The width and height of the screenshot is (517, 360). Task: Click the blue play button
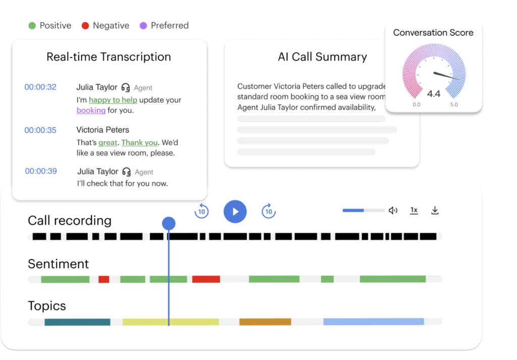(x=235, y=212)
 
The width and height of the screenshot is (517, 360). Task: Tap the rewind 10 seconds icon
(x=201, y=211)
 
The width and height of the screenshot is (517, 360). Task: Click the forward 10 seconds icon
(x=269, y=211)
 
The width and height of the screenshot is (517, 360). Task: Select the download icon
(x=435, y=211)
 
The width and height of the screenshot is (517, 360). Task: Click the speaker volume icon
(x=393, y=211)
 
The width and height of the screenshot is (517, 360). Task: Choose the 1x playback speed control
(x=414, y=211)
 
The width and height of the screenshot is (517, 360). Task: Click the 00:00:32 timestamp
(x=40, y=87)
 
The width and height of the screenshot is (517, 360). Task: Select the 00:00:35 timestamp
(x=40, y=130)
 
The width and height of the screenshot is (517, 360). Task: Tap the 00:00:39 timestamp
(x=41, y=171)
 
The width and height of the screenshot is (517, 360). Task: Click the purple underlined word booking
(x=91, y=111)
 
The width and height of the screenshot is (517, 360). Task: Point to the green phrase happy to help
(x=113, y=100)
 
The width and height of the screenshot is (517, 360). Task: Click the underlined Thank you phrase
(x=139, y=142)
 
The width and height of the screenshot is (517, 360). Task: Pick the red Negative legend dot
(x=85, y=26)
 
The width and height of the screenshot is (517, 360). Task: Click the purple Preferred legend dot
(x=143, y=26)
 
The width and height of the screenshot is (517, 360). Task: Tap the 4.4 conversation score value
(x=434, y=94)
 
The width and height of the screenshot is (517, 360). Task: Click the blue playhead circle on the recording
(x=169, y=224)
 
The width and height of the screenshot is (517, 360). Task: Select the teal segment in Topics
(x=77, y=322)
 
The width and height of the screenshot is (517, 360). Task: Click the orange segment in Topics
(x=265, y=322)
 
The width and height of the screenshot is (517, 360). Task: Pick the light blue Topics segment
(x=374, y=322)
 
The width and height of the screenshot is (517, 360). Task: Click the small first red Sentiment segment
(x=104, y=279)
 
